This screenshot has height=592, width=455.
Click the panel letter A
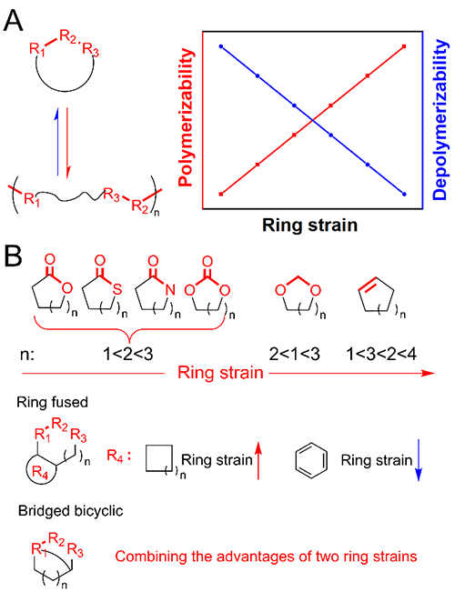(x=14, y=20)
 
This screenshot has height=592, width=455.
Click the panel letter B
(x=13, y=256)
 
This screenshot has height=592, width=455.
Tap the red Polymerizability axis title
(x=185, y=117)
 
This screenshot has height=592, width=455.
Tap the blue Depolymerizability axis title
(x=440, y=119)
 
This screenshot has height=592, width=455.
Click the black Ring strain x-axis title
(x=310, y=225)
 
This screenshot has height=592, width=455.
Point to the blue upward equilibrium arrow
(x=57, y=142)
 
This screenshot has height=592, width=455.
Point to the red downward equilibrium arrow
(x=67, y=143)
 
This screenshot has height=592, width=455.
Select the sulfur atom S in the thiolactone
(x=117, y=289)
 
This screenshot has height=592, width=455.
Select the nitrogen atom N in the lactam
(x=170, y=289)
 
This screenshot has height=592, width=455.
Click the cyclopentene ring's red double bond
(x=368, y=284)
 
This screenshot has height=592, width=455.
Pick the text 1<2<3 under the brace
(x=128, y=354)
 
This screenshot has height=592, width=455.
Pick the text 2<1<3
(x=295, y=354)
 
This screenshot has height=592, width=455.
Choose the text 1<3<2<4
(x=381, y=354)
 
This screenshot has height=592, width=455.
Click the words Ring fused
(x=52, y=402)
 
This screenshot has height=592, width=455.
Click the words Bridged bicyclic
(x=71, y=511)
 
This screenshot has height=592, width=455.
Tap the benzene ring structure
(x=311, y=460)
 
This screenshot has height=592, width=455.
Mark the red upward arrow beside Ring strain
(x=258, y=460)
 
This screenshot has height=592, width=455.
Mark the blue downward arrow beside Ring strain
(x=419, y=460)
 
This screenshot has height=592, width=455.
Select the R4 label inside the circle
(x=40, y=472)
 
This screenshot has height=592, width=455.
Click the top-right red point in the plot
(x=404, y=46)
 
